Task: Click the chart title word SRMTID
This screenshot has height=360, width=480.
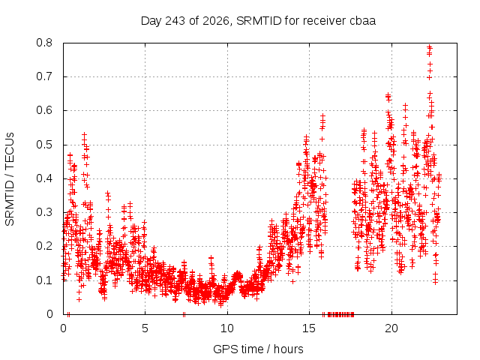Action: [259, 21]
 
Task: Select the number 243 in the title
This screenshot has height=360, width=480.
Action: [175, 21]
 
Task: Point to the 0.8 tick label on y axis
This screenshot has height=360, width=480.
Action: [44, 43]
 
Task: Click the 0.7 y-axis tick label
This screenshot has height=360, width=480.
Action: [44, 76]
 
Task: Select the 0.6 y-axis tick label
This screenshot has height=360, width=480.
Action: [44, 110]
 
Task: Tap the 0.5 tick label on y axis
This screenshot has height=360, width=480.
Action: [44, 145]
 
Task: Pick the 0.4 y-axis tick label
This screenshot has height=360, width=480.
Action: [44, 178]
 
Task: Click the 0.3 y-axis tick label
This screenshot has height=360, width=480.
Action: [44, 212]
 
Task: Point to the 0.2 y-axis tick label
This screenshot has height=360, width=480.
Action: [44, 246]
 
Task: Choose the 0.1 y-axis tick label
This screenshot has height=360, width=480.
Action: [44, 280]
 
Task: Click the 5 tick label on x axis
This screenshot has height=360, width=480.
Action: [145, 328]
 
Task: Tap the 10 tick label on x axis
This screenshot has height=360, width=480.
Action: [227, 328]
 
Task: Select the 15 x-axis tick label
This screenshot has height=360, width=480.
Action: [309, 328]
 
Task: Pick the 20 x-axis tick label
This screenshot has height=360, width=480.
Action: [391, 328]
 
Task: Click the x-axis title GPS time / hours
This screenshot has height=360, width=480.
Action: [258, 349]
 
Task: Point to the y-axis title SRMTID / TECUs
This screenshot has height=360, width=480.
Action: [10, 179]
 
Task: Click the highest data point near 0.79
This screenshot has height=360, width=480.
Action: [430, 47]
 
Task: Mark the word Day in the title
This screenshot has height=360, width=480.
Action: [151, 21]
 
